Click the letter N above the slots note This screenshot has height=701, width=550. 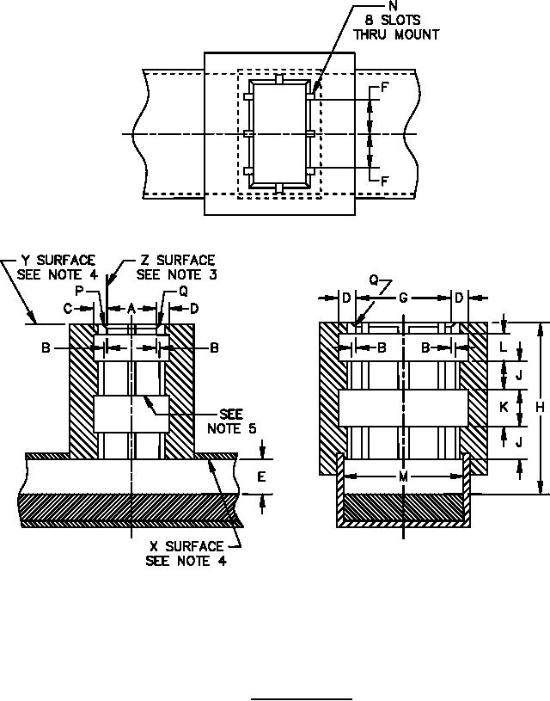394,6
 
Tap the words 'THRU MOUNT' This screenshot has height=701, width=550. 396,35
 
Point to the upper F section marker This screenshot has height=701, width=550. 385,88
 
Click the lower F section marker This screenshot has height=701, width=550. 385,181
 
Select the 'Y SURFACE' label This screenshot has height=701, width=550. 58,261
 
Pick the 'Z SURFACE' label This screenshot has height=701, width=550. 178,261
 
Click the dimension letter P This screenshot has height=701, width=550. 80,291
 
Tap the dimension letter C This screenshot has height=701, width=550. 68,308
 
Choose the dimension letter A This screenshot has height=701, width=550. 131,308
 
